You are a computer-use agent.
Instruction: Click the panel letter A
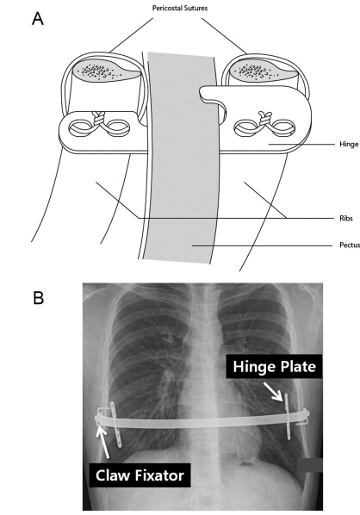38,18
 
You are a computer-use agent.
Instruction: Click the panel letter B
39,298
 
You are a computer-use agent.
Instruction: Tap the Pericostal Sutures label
180,9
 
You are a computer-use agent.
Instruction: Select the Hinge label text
349,144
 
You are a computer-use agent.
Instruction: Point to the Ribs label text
346,218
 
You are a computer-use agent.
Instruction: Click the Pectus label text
350,245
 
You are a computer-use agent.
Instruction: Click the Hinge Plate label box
274,366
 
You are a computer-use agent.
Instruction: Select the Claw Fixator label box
140,475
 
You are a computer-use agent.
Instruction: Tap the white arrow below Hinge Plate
273,391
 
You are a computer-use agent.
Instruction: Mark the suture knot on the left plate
99,118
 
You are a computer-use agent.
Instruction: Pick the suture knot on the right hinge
264,119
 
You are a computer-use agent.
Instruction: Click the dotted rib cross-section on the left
105,71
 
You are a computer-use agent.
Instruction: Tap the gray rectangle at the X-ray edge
310,465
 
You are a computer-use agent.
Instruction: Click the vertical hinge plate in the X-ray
288,417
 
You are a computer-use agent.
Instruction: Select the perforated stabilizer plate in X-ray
116,425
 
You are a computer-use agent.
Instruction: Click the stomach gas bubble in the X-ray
245,464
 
